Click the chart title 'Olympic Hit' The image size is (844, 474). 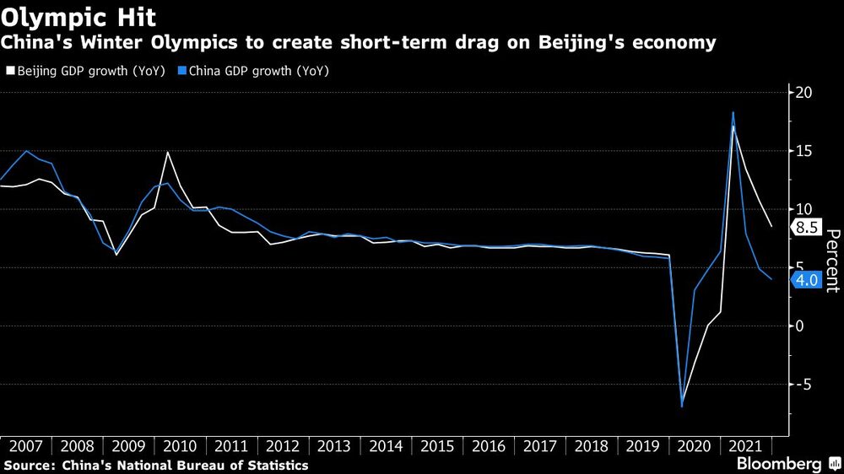pos(78,17)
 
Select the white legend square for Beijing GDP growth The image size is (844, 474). pos(9,72)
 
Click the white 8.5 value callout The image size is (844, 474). pos(806,227)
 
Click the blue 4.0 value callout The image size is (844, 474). pos(806,279)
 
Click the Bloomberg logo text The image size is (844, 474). pos(779,464)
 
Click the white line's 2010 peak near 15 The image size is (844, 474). pos(168,152)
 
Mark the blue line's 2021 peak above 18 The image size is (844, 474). pos(733,112)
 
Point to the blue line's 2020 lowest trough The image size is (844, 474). pos(682,407)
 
